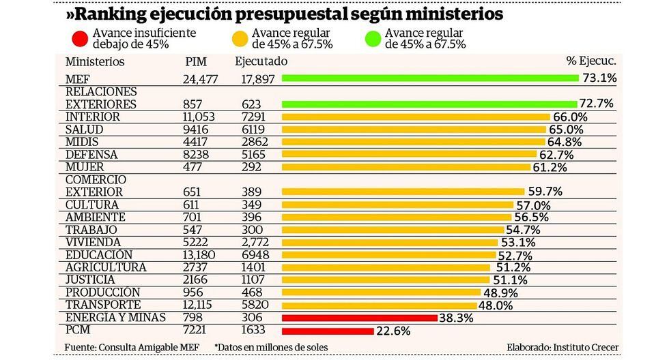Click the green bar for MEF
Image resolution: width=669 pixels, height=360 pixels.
[430, 78]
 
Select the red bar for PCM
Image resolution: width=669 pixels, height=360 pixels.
[328, 331]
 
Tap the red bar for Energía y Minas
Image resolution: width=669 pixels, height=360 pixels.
[359, 318]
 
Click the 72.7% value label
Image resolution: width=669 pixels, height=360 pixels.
[597, 104]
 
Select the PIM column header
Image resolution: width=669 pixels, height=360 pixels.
[195, 61]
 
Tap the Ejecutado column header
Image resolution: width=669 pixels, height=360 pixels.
[261, 61]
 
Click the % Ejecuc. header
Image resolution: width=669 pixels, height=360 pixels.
[592, 61]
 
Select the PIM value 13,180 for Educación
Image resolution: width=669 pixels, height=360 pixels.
[199, 255]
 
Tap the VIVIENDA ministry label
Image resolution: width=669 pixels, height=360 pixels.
[93, 242]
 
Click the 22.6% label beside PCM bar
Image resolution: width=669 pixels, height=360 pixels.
[393, 331]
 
